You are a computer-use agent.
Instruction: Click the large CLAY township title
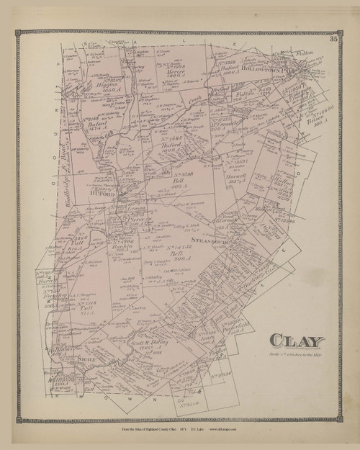tap(297, 341)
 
